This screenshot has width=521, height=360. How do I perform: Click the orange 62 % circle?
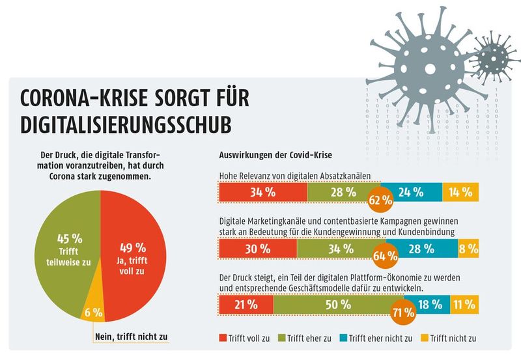click(x=380, y=199)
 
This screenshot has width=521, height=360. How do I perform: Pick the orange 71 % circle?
click(x=403, y=311)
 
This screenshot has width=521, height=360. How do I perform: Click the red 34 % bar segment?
click(x=262, y=192)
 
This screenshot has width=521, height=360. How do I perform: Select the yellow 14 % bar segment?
click(x=460, y=192)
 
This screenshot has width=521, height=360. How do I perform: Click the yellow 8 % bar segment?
click(x=468, y=248)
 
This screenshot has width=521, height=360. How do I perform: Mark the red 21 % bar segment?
click(x=246, y=304)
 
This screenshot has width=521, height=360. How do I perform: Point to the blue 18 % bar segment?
click(x=430, y=304)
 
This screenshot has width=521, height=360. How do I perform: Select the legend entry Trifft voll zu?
click(x=247, y=339)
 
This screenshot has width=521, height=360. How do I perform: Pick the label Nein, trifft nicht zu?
click(x=128, y=338)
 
